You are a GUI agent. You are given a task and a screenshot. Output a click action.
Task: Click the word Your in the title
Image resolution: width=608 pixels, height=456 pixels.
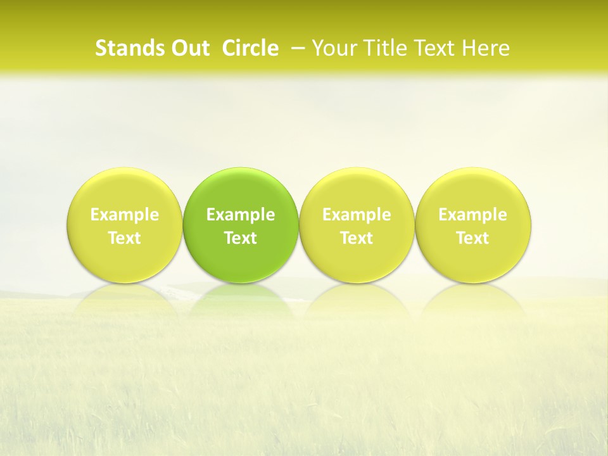coord(333,48)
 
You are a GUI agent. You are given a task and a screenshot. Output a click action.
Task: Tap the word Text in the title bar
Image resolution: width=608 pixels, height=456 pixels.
coord(435,48)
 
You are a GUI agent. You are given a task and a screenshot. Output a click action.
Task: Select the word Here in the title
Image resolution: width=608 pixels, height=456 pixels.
coord(486,48)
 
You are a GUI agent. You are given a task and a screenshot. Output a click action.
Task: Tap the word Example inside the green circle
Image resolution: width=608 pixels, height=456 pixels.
coord(241,215)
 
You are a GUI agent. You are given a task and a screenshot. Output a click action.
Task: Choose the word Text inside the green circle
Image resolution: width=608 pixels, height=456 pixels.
coord(241,238)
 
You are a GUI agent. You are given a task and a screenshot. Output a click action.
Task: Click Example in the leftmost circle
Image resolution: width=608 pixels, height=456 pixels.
coord(125,215)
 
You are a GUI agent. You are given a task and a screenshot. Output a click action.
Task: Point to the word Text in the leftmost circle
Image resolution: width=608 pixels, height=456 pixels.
coord(125,238)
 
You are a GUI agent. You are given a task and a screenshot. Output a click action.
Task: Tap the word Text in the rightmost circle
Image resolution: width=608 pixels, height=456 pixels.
coord(473,238)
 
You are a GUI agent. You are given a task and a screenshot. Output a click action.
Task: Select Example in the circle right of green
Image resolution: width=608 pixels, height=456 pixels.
coord(357,215)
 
